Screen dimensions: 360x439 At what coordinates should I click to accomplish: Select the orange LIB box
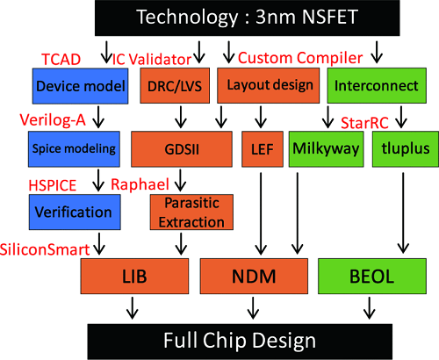pyautogui.click(x=127, y=277)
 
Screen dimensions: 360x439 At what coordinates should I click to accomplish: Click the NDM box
pyautogui.click(x=255, y=277)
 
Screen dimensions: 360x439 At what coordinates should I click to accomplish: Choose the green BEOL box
pyautogui.click(x=367, y=277)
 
